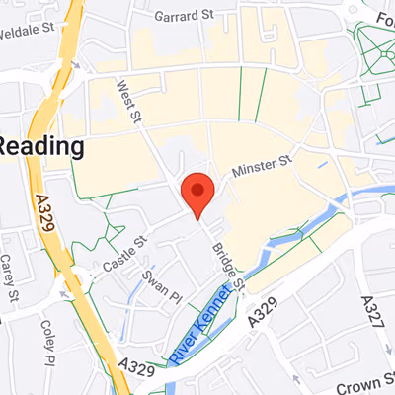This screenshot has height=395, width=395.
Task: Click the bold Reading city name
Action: [39, 146]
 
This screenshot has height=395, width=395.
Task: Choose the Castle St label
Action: [125, 253]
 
